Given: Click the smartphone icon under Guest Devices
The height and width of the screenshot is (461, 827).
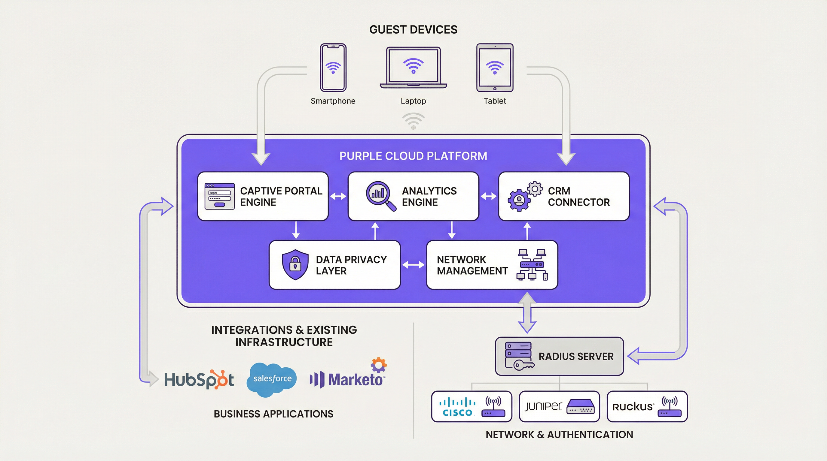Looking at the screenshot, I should tap(333, 68).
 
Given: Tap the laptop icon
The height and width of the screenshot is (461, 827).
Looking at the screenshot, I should tap(413, 68).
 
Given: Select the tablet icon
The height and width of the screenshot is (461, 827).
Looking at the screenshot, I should tap(495, 68).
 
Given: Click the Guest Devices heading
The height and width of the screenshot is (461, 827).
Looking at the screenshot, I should tap(413, 29).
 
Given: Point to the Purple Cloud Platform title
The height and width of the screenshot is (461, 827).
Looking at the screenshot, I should tap(413, 156).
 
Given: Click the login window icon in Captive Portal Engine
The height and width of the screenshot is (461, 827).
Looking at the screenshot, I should tap(220, 196).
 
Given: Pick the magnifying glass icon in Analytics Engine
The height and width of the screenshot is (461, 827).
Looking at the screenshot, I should tap(380, 196).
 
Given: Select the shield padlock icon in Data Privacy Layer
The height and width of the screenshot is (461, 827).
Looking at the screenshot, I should tap(295, 264).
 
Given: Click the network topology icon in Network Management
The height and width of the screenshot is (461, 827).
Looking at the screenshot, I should tap(532, 265).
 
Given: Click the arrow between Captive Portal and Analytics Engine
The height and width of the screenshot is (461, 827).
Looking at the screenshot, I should tap(338, 196).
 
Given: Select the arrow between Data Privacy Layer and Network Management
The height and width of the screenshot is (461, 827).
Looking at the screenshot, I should tap(413, 265).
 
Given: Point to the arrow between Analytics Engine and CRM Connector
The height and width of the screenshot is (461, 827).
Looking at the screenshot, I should tap(488, 196).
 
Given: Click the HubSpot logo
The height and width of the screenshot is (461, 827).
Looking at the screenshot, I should tap(199, 380).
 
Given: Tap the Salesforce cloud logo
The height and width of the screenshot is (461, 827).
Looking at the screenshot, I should tap(272, 379).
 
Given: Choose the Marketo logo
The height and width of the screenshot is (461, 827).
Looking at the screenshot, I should tap(348, 378).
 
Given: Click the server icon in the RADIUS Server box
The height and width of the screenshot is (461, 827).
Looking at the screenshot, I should tap(518, 356).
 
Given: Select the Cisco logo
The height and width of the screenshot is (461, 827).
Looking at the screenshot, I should tap(457, 407).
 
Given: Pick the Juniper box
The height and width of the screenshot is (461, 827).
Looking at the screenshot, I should tap(559, 406).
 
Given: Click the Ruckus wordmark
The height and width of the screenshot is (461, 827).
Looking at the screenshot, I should tap(633, 407).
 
